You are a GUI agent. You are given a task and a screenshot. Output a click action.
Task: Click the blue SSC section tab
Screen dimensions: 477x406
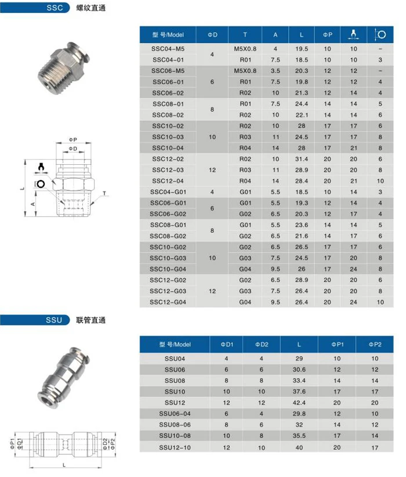pyautogui.click(x=55, y=9)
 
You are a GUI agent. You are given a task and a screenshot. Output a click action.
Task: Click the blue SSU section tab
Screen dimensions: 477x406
pyautogui.click(x=55, y=320)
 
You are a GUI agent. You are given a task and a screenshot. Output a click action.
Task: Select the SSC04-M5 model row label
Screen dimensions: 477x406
pyautogui.click(x=168, y=49)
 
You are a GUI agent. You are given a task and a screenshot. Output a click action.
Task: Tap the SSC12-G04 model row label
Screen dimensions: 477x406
pyautogui.click(x=168, y=302)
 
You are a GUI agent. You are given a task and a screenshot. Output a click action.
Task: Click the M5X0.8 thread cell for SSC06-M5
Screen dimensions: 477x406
pyautogui.click(x=245, y=71)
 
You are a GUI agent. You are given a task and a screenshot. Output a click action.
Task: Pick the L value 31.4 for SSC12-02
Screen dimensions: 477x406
pyautogui.click(x=302, y=159)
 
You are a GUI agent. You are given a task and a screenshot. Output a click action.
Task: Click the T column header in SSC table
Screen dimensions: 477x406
pyautogui.click(x=245, y=34)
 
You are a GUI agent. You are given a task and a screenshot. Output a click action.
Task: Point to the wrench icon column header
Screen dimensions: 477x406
pyautogui.click(x=354, y=34)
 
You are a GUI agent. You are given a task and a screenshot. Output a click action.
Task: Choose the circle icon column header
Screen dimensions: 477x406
pyautogui.click(x=380, y=34)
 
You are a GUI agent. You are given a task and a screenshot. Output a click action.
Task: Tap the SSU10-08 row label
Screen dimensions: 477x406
pyautogui.click(x=174, y=436)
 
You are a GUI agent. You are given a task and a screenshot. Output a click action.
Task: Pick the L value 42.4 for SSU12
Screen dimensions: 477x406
pyautogui.click(x=299, y=402)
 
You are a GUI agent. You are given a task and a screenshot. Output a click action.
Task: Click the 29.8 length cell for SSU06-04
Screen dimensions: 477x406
pyautogui.click(x=299, y=413)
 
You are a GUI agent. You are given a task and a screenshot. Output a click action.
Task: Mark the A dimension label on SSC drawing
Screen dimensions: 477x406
pyautogui.click(x=32, y=205)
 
